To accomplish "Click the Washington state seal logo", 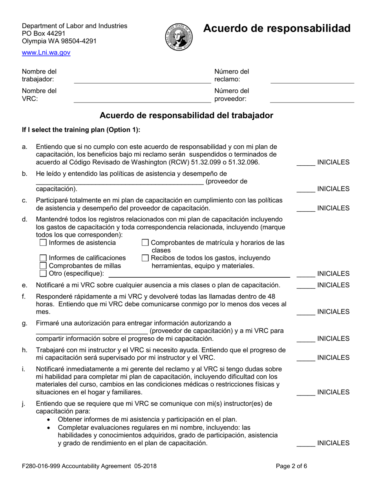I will (179, 36).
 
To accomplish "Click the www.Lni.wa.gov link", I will (46, 53).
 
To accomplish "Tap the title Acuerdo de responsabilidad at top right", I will (276, 28).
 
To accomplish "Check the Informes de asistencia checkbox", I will (44, 243).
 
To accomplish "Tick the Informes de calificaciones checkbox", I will (44, 258).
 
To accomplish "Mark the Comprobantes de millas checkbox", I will (44, 266).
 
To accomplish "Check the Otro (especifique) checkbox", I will (44, 273).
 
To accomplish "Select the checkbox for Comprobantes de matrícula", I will (145, 243).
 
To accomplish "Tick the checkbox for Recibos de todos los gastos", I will (145, 258).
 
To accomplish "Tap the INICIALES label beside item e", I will (333, 285).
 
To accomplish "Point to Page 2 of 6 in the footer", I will (291, 466).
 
